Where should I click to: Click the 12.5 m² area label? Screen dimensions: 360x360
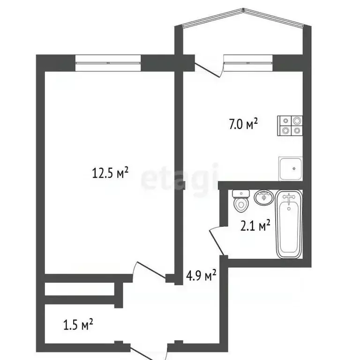point(110,174)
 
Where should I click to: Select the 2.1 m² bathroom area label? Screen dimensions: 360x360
point(255,226)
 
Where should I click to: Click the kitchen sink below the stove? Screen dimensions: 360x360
point(291,168)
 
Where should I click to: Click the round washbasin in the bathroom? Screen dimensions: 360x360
point(263,197)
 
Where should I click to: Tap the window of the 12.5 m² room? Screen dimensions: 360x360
point(108,63)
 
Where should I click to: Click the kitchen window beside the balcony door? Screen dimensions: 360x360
point(248,63)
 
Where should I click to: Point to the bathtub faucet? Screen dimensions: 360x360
point(288,199)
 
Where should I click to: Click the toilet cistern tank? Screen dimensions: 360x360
point(240,192)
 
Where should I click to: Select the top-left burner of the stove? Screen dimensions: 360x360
point(285,120)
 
